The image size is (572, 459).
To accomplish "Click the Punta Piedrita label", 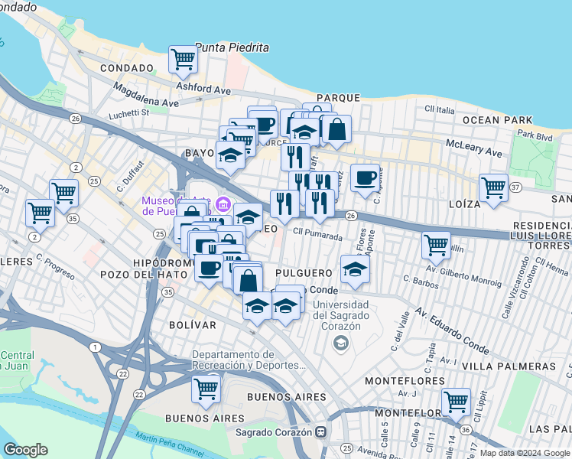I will pos(232,47).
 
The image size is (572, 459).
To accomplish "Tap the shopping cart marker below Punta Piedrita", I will pos(183,60).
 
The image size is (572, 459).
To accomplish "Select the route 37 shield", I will pos(516,187).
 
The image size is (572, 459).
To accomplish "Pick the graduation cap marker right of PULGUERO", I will pos(356,270).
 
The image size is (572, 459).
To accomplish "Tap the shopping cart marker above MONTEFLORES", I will pos(456,402).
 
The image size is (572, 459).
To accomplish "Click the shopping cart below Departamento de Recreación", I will pos(206,389).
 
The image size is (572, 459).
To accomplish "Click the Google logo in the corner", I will pos(26,450).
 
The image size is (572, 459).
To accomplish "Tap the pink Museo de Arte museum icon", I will pos(223,204).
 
